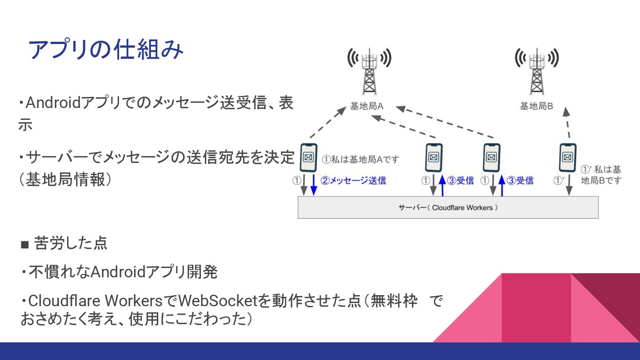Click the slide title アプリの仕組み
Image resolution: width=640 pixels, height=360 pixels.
[106, 50]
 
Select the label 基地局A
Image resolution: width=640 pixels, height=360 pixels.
[367, 107]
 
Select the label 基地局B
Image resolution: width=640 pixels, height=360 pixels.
[536, 107]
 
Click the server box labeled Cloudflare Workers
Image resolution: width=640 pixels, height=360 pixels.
[448, 208]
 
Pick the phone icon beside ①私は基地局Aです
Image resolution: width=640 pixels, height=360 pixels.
[308, 158]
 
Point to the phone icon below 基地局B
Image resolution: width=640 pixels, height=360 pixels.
[567, 158]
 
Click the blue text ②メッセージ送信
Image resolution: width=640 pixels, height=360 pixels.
[353, 180]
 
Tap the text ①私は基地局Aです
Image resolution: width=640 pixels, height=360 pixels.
[360, 159]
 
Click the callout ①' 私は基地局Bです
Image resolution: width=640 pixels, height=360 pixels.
[601, 175]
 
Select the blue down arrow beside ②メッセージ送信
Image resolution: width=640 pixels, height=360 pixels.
[314, 185]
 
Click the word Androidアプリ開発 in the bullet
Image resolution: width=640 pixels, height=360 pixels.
[154, 272]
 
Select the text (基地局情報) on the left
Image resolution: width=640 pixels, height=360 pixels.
[64, 179]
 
